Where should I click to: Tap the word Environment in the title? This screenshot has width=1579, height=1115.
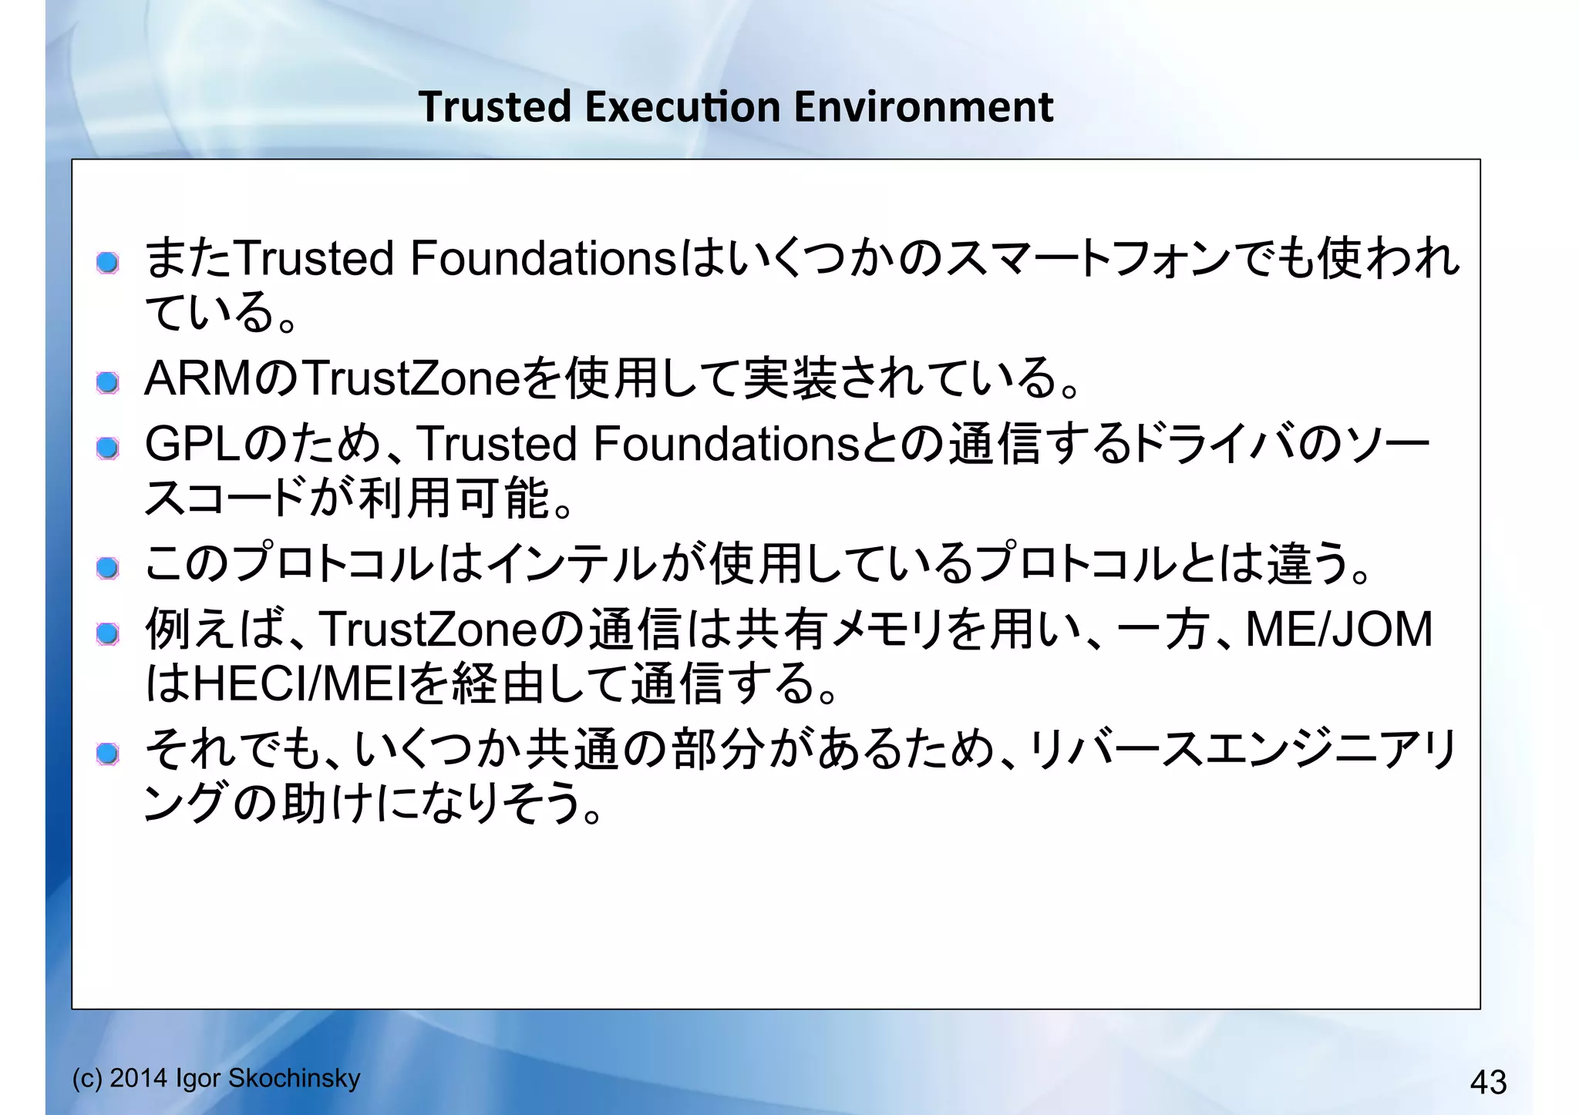point(923,106)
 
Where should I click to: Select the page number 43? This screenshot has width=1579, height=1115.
point(1488,1082)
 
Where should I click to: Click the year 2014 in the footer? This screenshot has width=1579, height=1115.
point(140,1078)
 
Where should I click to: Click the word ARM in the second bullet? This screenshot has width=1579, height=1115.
point(197,378)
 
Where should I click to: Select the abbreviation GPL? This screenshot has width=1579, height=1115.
point(193,444)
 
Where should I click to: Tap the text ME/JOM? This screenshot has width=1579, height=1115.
point(1339,629)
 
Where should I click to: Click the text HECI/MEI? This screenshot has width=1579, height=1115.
point(299,683)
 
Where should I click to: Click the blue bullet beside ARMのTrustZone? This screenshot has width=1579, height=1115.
point(108,382)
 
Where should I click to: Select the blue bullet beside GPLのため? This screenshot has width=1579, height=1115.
point(108,448)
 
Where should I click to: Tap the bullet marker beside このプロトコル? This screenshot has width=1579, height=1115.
point(108,568)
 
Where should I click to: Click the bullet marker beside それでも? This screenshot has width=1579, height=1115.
point(108,754)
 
